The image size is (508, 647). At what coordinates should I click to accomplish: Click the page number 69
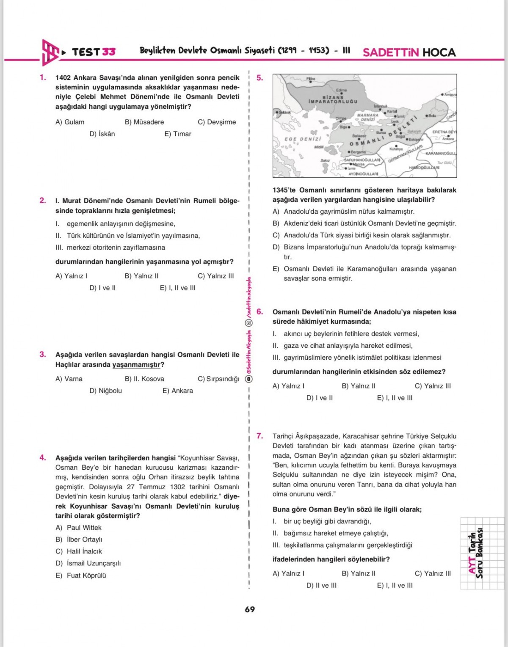tap(250, 609)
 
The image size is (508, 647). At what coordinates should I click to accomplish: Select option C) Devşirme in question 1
tap(217, 122)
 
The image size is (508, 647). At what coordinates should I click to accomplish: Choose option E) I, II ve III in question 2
tap(177, 288)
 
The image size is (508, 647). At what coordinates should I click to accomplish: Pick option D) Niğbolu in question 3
tap(105, 391)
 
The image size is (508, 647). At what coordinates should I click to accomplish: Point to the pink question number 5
tap(260, 78)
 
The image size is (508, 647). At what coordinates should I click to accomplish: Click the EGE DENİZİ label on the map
tap(303, 139)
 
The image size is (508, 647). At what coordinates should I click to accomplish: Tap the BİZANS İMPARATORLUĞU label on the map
tap(333, 99)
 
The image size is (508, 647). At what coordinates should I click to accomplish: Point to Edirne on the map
tap(342, 90)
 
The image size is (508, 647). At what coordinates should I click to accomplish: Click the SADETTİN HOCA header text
tap(409, 52)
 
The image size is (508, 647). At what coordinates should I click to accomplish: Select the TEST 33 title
tap(94, 52)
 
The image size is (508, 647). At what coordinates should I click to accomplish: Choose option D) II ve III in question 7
tap(321, 585)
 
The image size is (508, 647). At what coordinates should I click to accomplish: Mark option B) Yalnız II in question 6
tap(358, 386)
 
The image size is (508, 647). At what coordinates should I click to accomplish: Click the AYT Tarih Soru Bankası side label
tap(476, 553)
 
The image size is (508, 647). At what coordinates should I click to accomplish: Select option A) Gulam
tap(70, 122)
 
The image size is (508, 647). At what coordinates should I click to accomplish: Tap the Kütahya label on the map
tap(396, 149)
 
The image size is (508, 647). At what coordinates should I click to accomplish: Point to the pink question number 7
tap(260, 436)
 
